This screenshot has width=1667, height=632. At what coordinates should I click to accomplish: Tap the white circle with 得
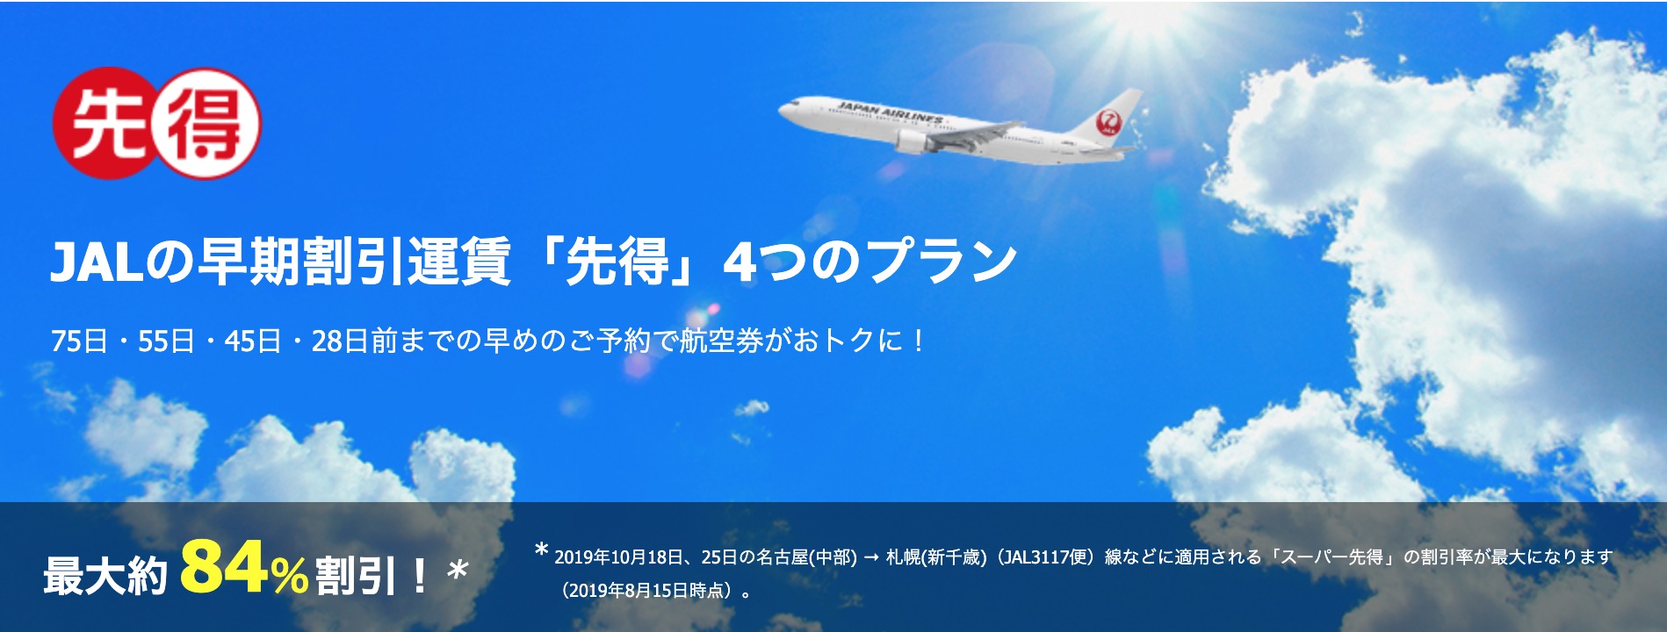point(207,124)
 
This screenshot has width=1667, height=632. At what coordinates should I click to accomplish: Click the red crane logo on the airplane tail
point(1111,122)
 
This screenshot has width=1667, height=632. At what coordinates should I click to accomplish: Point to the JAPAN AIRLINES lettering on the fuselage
point(890,112)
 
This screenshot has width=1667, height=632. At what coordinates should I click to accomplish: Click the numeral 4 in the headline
point(740,262)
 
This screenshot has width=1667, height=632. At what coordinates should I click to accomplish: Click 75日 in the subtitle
point(80,341)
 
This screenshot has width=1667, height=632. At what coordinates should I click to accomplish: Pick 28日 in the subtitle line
point(340,341)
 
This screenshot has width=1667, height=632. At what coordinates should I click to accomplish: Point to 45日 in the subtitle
point(253,341)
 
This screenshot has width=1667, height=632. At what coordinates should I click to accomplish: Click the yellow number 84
point(224,567)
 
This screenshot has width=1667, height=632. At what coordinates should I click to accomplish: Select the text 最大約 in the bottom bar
point(105,577)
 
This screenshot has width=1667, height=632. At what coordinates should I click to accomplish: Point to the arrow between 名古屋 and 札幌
point(871,557)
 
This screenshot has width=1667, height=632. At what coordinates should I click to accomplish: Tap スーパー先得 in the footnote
point(1332,557)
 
